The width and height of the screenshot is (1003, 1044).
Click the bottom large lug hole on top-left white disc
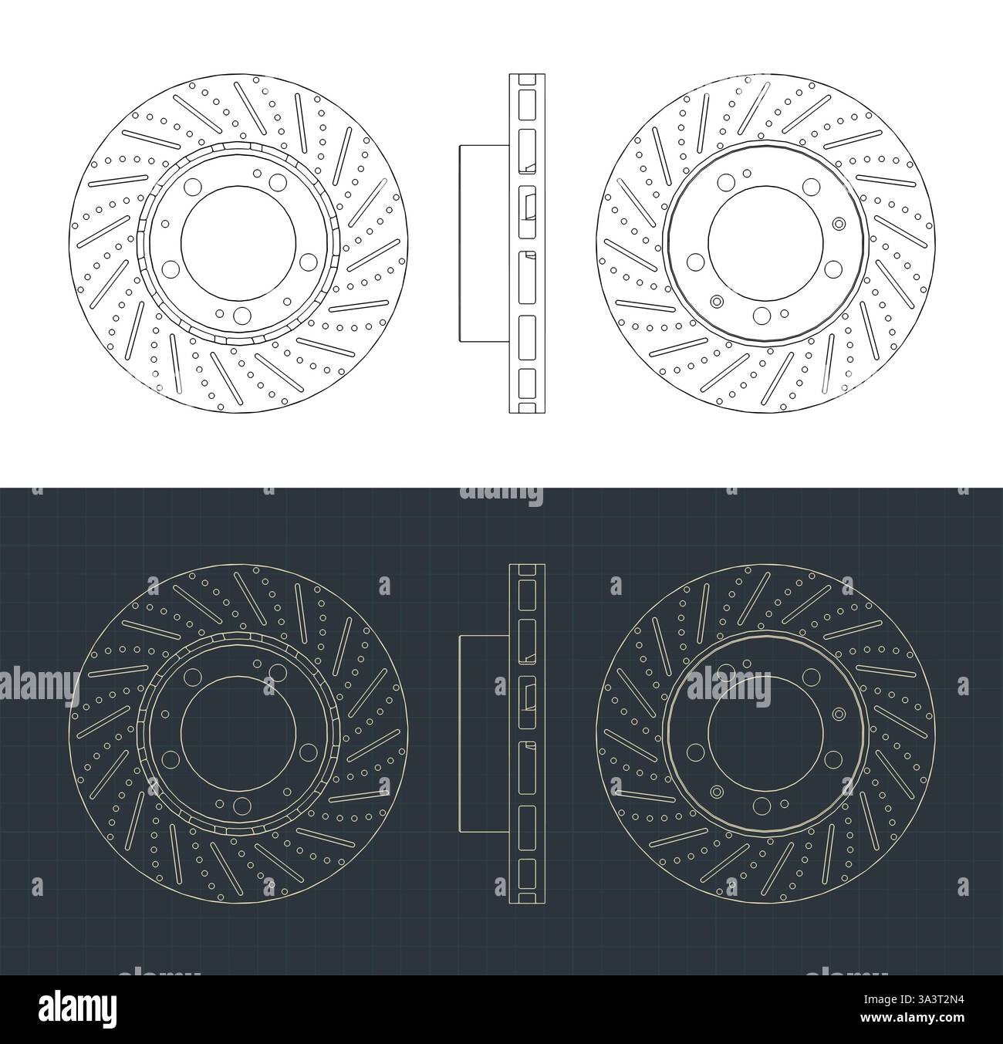pos(242,314)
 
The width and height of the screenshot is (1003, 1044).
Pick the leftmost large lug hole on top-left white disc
pos(171,269)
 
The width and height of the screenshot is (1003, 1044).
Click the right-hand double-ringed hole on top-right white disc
pos(839,224)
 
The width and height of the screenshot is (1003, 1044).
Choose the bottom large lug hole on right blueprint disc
pos(762,805)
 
